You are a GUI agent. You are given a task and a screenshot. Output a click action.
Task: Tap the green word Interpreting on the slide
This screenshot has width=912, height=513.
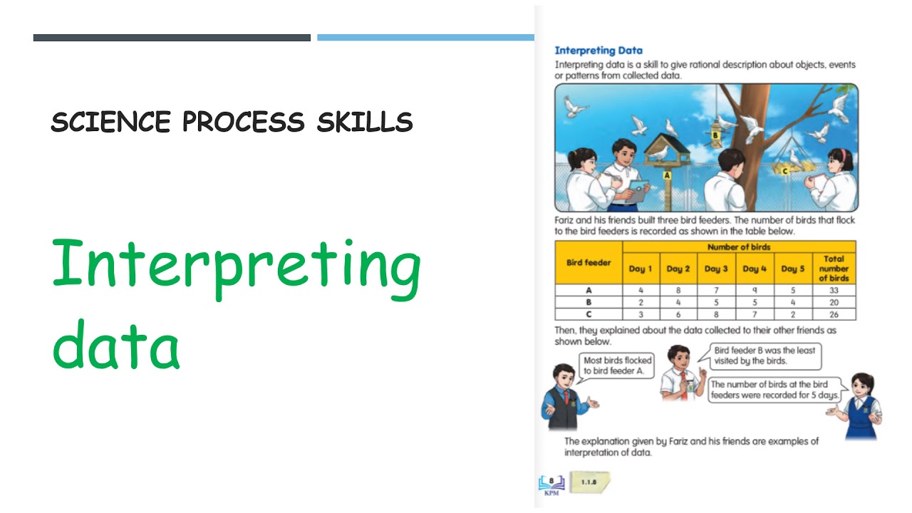click(x=236, y=269)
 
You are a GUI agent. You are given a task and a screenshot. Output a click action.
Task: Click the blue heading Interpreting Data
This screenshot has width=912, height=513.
click(x=598, y=51)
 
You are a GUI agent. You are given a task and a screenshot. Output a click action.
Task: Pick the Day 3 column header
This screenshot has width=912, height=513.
click(x=716, y=269)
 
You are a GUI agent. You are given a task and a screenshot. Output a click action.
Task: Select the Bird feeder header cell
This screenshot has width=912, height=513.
click(x=589, y=263)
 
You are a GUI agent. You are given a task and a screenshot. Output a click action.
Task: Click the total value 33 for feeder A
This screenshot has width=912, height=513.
click(x=834, y=291)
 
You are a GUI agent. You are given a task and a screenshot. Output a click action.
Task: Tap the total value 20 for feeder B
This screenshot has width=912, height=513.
click(x=834, y=302)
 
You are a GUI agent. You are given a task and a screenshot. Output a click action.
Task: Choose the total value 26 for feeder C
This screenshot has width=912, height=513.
click(x=834, y=314)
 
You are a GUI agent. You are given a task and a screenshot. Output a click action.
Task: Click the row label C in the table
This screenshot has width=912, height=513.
click(x=589, y=314)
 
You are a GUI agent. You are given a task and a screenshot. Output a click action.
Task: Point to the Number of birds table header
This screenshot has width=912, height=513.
click(x=739, y=247)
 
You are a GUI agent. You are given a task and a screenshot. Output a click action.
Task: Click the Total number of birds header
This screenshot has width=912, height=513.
click(x=834, y=269)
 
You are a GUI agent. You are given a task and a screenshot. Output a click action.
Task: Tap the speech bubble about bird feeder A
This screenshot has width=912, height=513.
click(x=617, y=366)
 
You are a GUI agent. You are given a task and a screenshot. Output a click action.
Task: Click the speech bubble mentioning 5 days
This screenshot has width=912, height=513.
click(x=775, y=390)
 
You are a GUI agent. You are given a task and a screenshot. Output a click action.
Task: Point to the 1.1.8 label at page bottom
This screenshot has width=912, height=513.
click(x=589, y=482)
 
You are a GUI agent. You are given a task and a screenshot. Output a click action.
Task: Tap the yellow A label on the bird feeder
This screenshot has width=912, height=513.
click(x=668, y=175)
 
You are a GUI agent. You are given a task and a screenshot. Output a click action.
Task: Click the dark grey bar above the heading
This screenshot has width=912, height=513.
click(x=172, y=38)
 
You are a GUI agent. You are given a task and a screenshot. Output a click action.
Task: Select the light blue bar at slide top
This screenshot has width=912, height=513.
click(x=425, y=38)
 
